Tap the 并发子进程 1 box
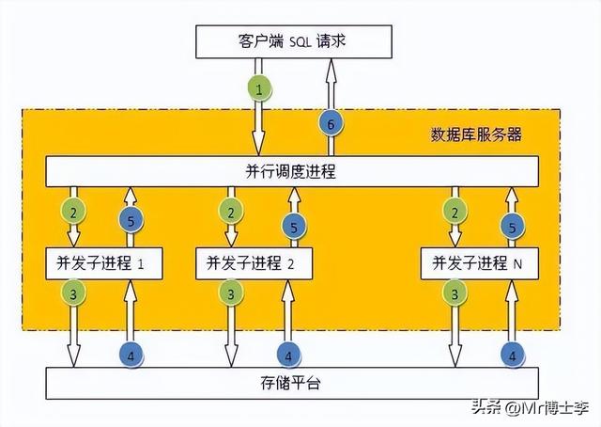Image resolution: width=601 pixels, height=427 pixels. [x=104, y=264]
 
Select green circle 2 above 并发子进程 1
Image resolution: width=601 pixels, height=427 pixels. [x=71, y=212]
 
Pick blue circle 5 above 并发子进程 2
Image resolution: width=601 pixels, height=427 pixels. [x=294, y=227]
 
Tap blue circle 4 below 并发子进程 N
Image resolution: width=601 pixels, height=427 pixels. [x=512, y=355]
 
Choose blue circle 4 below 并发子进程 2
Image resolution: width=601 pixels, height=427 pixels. [x=289, y=355]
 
